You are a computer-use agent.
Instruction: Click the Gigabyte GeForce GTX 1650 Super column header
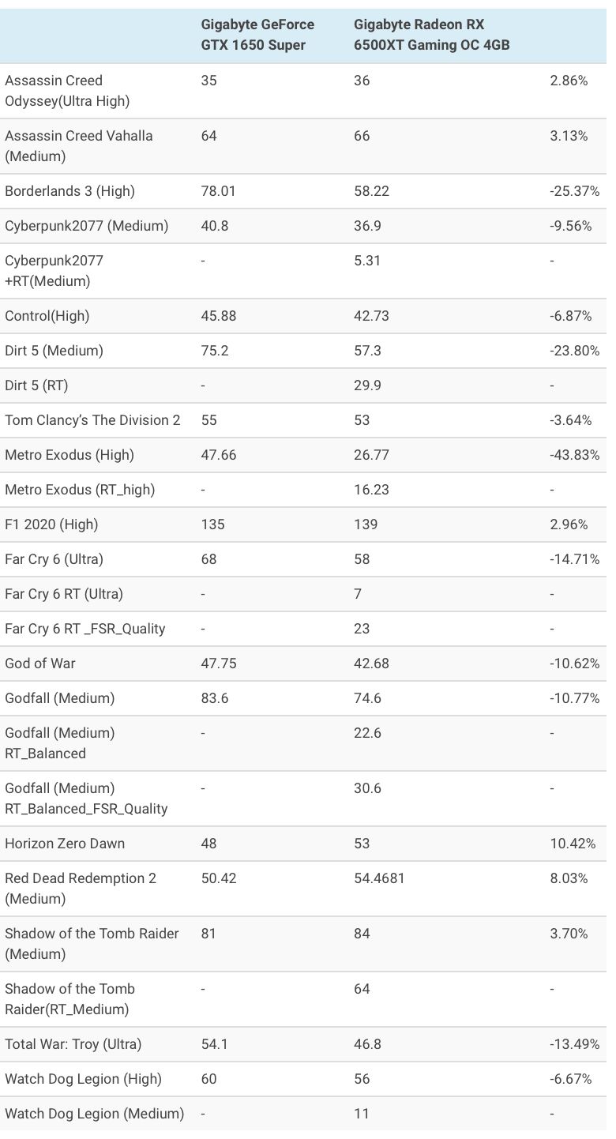[x=257, y=35]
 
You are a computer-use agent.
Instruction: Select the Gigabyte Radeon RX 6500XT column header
[x=431, y=35]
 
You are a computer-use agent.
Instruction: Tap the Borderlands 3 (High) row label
[x=69, y=191]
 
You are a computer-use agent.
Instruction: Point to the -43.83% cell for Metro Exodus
[x=574, y=455]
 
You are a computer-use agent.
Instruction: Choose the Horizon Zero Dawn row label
[x=65, y=844]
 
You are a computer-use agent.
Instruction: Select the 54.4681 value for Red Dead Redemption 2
[x=379, y=878]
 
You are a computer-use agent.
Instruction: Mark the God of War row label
[x=40, y=663]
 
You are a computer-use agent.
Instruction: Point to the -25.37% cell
[x=574, y=191]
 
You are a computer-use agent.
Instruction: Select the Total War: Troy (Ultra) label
[x=73, y=1044]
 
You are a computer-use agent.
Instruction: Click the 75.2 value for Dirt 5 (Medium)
[x=215, y=351]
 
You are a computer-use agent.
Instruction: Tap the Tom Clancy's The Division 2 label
[x=92, y=420]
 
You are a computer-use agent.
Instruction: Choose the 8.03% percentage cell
[x=569, y=878]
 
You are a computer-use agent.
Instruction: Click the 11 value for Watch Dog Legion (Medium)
[x=362, y=1114]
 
